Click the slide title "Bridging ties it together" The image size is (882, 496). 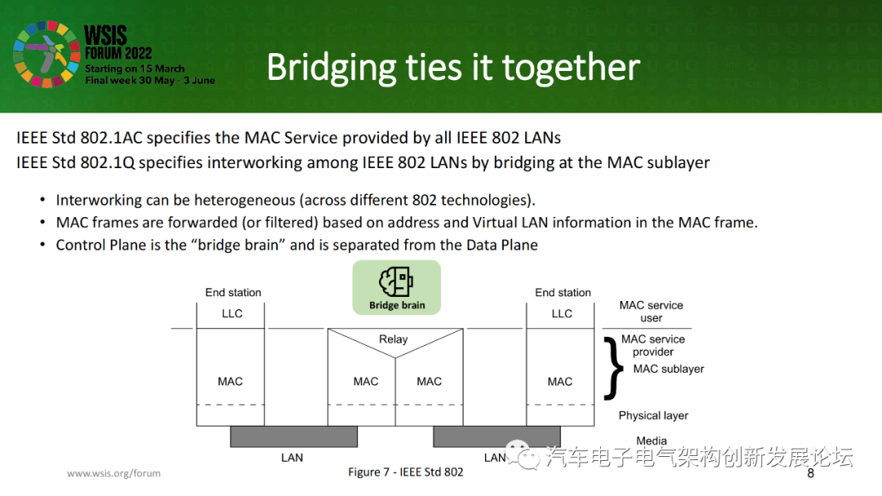click(452, 68)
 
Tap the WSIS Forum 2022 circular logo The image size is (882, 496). click(46, 55)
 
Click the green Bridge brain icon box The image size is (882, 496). click(396, 287)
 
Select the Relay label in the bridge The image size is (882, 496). click(393, 339)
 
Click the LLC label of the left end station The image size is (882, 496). click(232, 313)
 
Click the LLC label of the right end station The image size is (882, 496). click(562, 313)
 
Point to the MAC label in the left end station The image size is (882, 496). click(230, 381)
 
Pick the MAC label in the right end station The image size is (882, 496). click(560, 381)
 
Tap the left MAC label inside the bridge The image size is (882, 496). click(366, 381)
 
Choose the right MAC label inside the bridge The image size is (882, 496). click(429, 381)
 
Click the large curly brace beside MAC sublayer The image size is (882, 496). click(612, 368)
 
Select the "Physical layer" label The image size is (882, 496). click(653, 415)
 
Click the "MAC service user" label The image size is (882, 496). click(651, 312)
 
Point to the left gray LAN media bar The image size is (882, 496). click(293, 436)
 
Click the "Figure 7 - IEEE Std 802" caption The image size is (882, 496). click(406, 472)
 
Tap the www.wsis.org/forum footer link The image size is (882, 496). click(114, 473)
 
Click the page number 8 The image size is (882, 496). click(810, 474)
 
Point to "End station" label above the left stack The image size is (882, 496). click(233, 292)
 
